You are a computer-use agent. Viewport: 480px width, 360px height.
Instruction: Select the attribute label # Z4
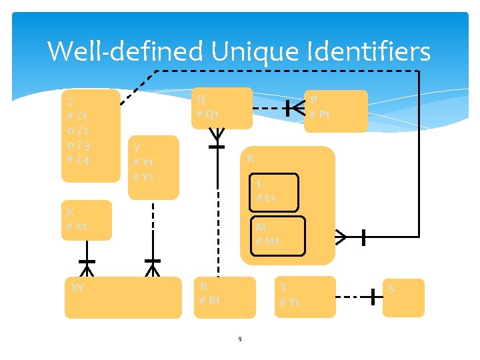79,159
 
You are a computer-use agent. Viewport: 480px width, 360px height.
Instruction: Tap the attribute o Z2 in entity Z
79,131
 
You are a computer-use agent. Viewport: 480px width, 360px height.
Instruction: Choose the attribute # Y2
143,177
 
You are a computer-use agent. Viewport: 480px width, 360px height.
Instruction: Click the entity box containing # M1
276,234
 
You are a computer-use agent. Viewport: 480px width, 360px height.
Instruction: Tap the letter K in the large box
250,159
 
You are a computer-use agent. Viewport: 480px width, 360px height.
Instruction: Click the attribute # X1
76,227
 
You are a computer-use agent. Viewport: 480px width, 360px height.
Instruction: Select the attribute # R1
210,301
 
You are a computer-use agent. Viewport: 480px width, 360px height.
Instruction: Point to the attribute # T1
289,303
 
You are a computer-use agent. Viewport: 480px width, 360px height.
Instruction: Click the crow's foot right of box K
341,236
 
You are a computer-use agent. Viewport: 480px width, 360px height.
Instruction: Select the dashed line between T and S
352,297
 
